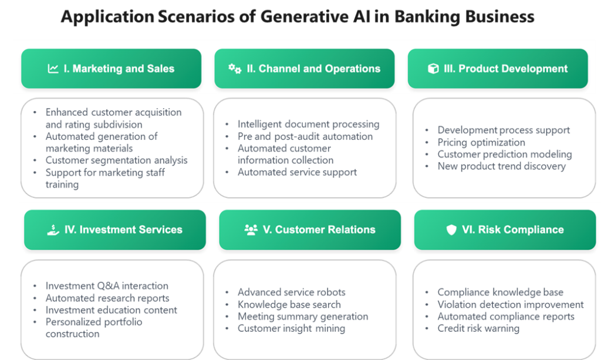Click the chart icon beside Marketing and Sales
(x=53, y=69)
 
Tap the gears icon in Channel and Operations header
(x=235, y=69)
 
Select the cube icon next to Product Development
(x=433, y=69)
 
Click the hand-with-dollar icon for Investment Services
(x=53, y=230)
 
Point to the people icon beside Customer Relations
(x=251, y=230)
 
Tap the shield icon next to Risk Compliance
(x=451, y=230)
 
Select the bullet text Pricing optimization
(x=481, y=142)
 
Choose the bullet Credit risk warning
(x=478, y=328)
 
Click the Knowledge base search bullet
(x=289, y=304)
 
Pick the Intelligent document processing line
(x=309, y=125)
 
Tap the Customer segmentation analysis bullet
(x=117, y=160)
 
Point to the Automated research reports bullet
(x=107, y=298)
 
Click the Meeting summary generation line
(x=303, y=317)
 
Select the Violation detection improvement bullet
(x=511, y=304)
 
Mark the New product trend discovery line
(x=502, y=166)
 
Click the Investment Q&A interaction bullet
(x=107, y=285)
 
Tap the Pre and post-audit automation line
(x=305, y=136)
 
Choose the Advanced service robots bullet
(x=292, y=292)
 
